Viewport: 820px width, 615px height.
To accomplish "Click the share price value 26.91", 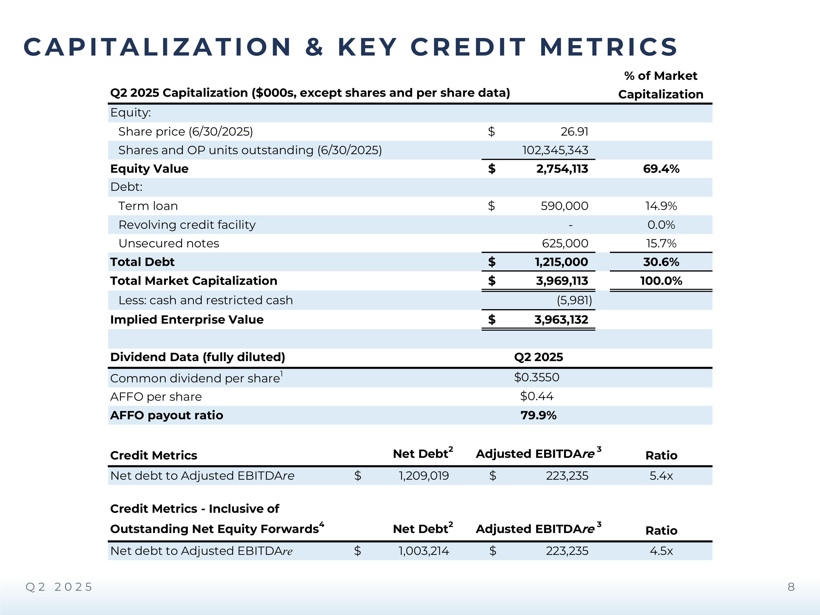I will [574, 131].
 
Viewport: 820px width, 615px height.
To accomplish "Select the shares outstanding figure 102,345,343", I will [555, 150].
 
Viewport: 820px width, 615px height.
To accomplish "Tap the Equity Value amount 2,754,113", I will [562, 169].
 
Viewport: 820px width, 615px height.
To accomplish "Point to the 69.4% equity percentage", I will [661, 169].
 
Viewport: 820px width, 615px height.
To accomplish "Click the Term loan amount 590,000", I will [564, 206].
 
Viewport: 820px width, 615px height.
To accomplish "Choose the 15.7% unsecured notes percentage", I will [661, 244].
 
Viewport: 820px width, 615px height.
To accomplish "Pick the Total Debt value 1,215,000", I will [561, 262].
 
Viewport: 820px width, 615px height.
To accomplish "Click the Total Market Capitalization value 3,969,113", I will [562, 281].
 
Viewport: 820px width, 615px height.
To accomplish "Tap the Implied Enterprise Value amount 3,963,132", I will [561, 320].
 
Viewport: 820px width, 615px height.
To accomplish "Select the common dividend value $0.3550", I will [536, 377].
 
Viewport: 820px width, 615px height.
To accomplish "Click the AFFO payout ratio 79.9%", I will [538, 415].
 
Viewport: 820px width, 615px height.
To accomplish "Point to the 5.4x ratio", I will [661, 476].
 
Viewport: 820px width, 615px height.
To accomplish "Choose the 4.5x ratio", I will [661, 551].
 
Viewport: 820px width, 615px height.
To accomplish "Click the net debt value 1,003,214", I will [424, 551].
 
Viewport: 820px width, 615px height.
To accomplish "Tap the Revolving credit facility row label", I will [187, 225].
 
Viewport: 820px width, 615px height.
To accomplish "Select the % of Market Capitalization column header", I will [661, 85].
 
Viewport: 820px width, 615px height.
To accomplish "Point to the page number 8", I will [791, 587].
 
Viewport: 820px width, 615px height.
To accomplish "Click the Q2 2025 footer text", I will [58, 587].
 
